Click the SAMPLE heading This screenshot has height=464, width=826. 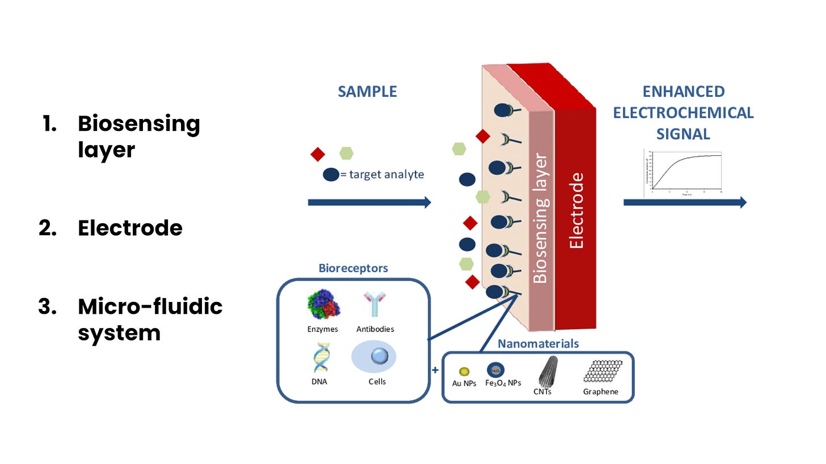pyautogui.click(x=367, y=92)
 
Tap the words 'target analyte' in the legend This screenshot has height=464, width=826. pyautogui.click(x=386, y=174)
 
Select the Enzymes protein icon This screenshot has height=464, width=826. pyautogui.click(x=324, y=304)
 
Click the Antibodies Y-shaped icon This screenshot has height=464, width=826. pyautogui.click(x=374, y=304)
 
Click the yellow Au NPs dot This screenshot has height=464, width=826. pyautogui.click(x=465, y=371)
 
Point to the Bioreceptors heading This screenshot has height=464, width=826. pyautogui.click(x=353, y=268)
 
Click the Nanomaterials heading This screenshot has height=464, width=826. pyautogui.click(x=538, y=343)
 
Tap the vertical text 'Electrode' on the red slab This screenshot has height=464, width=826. pyautogui.click(x=576, y=211)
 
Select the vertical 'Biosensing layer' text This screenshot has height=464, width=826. pyautogui.click(x=541, y=218)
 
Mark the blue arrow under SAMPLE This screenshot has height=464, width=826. pyautogui.click(x=369, y=202)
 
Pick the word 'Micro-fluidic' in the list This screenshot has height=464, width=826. pyautogui.click(x=150, y=307)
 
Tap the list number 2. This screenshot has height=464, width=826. pyautogui.click(x=47, y=228)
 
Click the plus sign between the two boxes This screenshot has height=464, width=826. pyautogui.click(x=435, y=370)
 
